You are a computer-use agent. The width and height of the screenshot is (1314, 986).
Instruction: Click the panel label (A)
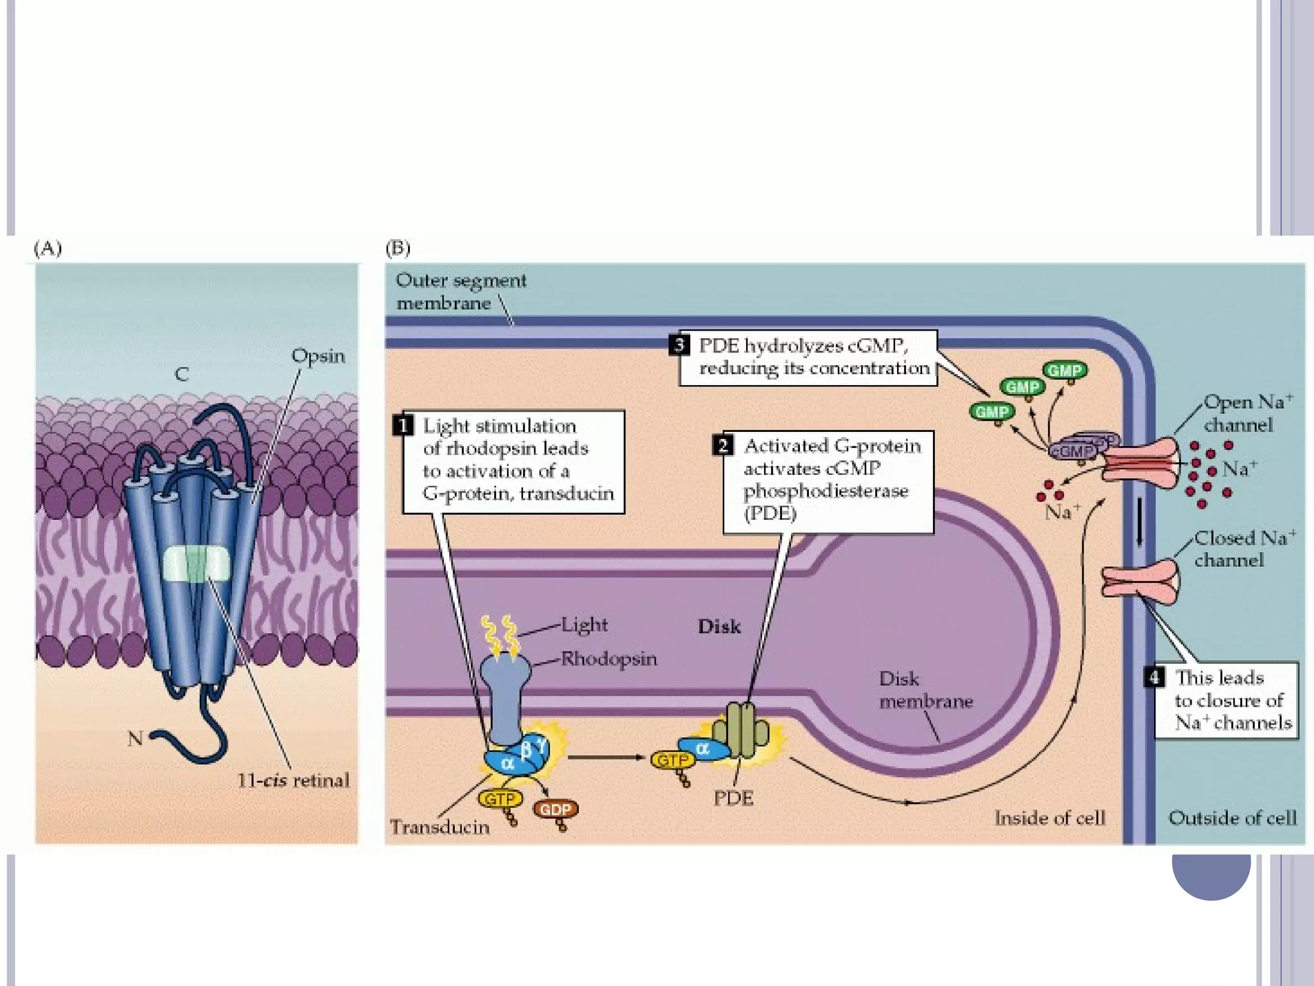tap(48, 248)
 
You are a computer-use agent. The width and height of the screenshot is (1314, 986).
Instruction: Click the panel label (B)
tap(398, 248)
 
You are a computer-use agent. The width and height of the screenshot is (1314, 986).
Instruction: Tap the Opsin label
tap(318, 356)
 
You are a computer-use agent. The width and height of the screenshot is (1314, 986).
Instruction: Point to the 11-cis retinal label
tap(293, 781)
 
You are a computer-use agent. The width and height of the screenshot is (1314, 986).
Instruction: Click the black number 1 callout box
tap(402, 426)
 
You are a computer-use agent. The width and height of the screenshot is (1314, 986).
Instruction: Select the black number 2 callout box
tap(723, 445)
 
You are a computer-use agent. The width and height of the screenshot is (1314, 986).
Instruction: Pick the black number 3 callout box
tap(679, 345)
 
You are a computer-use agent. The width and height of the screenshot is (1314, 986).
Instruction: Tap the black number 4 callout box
tap(1154, 677)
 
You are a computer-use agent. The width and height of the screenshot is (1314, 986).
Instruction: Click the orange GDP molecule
tap(555, 809)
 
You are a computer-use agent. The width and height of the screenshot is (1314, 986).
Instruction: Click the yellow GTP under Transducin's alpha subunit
tap(500, 799)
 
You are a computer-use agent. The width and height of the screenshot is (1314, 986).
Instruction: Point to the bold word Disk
tap(719, 627)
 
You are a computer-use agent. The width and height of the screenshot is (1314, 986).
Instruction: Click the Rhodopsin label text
tap(609, 659)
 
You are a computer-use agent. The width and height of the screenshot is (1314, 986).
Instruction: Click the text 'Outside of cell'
tap(1232, 818)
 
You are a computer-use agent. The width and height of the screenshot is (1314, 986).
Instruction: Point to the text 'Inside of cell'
tap(1050, 818)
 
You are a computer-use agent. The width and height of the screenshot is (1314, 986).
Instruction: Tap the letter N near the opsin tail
tap(135, 739)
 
